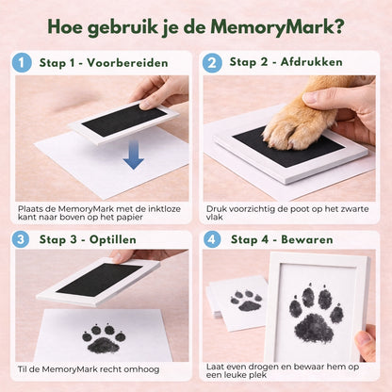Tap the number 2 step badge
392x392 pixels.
click(212, 62)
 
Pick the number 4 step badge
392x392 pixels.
click(212, 238)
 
